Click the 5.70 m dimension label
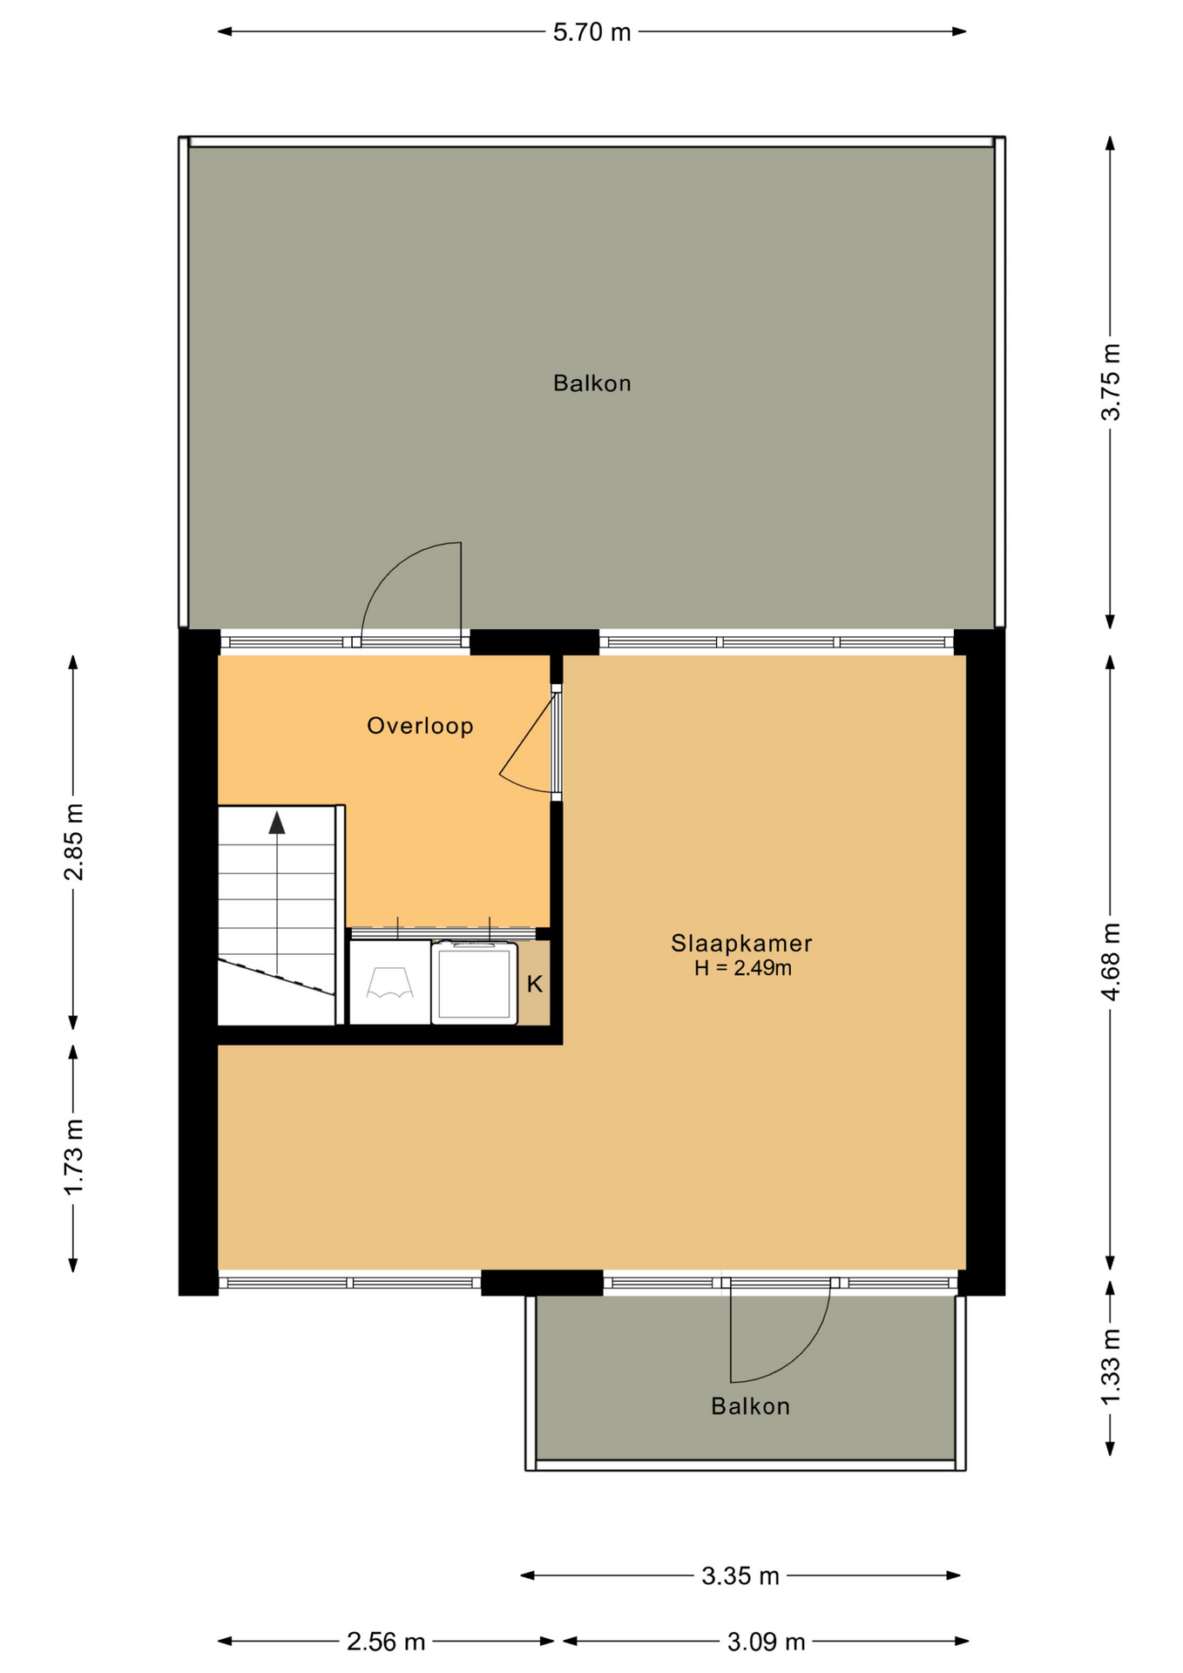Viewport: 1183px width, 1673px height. point(591,32)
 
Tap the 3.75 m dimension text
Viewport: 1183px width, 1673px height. point(1111,382)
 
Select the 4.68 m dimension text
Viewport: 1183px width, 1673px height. point(1111,962)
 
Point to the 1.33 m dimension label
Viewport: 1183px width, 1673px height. point(1111,1367)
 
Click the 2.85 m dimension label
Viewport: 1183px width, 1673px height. point(74,842)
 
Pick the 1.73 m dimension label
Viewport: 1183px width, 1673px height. point(74,1157)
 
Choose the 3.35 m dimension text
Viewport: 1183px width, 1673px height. point(740,1575)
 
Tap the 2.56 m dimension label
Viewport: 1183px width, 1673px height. point(386,1642)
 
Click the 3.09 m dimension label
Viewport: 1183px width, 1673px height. point(767,1642)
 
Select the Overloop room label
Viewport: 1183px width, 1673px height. point(420,726)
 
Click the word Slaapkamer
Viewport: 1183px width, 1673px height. point(741,943)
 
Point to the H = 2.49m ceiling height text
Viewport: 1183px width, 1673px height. point(743,968)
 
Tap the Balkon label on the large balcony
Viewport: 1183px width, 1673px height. point(592,383)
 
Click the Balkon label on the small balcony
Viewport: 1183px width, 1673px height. point(750,1406)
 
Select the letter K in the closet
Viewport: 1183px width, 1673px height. point(535,984)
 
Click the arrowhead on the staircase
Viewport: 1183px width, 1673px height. point(277,822)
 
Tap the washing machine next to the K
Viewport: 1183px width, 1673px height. point(474,983)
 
